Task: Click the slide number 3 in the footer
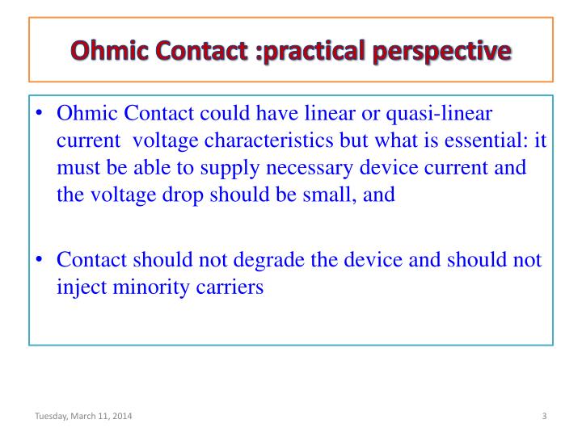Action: coord(545,416)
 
